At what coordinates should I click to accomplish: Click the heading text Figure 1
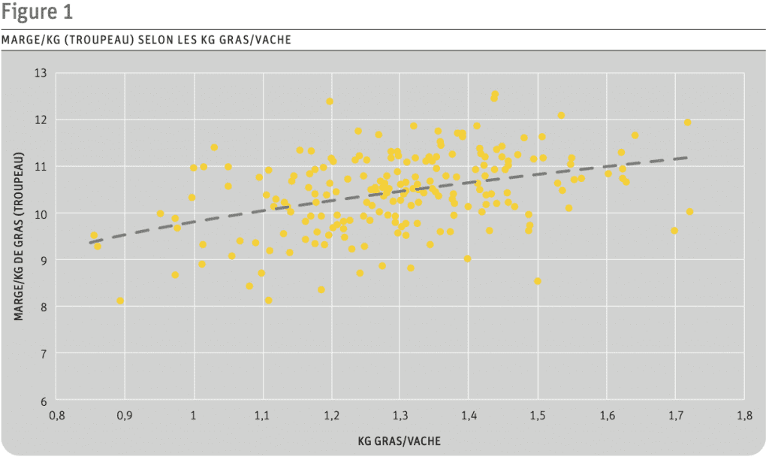tap(37, 13)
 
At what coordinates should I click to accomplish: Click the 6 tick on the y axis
tap(43, 401)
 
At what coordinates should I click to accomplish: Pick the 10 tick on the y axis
tap(40, 213)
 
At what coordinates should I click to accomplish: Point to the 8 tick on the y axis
tap(43, 307)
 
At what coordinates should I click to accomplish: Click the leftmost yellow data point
tap(94, 236)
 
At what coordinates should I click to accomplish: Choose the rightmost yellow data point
tap(689, 212)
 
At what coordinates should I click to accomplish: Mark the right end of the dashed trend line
tap(686, 158)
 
